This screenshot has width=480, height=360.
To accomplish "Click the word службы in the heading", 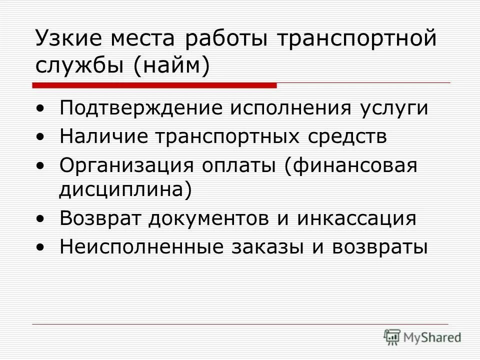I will (80, 65).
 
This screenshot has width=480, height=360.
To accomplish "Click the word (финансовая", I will (350, 164).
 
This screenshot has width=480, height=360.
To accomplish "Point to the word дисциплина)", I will (125, 190).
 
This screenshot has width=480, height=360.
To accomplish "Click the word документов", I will (208, 219).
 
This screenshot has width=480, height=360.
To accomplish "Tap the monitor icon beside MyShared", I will (392, 337).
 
